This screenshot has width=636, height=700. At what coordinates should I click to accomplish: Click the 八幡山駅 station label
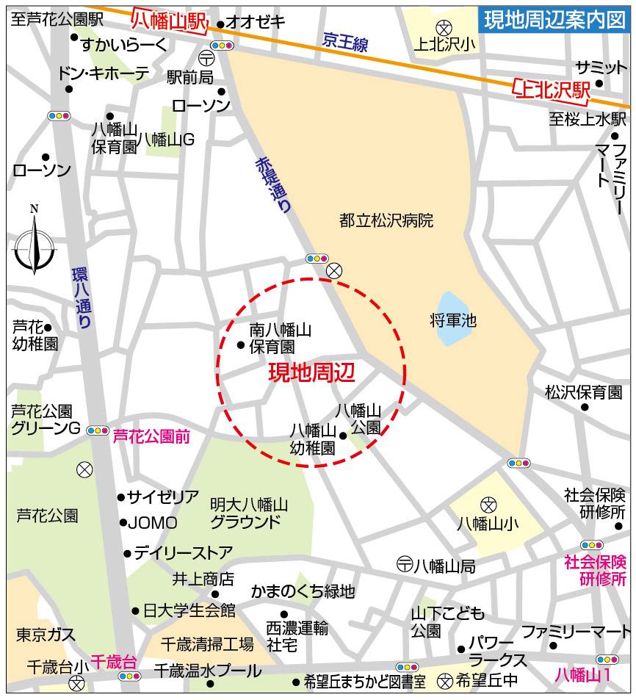click(x=168, y=21)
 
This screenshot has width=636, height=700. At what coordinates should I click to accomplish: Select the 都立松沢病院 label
click(x=386, y=220)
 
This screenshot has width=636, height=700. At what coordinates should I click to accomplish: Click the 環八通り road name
click(x=82, y=297)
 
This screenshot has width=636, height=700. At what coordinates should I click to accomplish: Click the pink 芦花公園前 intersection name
click(x=151, y=437)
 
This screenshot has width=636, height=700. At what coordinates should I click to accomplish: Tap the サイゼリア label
click(x=163, y=497)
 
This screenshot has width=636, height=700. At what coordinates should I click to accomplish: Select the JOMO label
click(x=153, y=523)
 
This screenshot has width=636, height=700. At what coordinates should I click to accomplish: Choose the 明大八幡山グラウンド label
click(x=249, y=513)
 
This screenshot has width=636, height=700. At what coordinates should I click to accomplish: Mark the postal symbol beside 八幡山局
click(x=404, y=565)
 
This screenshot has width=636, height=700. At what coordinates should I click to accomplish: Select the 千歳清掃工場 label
click(x=208, y=645)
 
